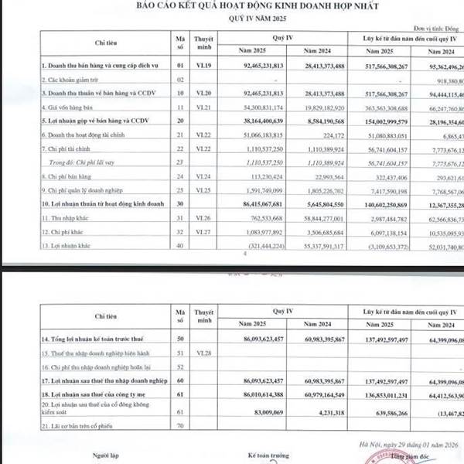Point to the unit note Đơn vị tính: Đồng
click(x=442, y=26)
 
